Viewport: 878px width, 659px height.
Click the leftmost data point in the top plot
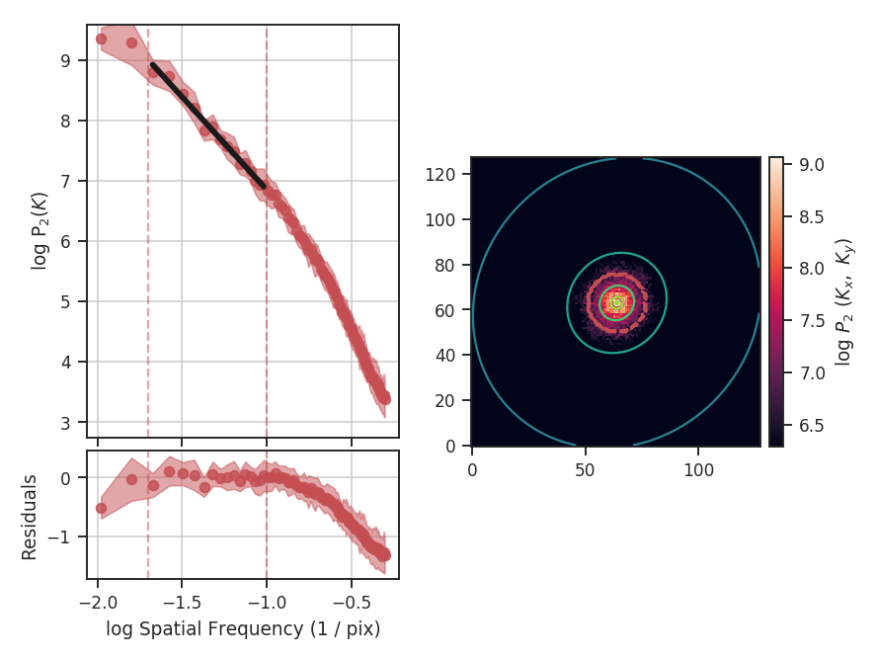[x=101, y=39]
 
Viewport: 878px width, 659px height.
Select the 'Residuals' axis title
[x=30, y=517]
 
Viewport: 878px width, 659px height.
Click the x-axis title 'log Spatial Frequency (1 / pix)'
[x=243, y=628]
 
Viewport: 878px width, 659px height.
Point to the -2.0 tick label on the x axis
[x=97, y=602]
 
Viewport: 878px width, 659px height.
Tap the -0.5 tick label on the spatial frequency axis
[x=352, y=602]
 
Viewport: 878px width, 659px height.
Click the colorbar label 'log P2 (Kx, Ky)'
[x=843, y=301]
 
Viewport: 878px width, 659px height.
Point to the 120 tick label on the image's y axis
[x=448, y=175]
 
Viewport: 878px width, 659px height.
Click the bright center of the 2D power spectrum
[x=616, y=302]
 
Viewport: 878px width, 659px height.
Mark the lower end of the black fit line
[x=265, y=185]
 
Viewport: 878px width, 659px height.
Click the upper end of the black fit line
[x=152, y=65]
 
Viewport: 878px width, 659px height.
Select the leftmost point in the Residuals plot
[x=101, y=508]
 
